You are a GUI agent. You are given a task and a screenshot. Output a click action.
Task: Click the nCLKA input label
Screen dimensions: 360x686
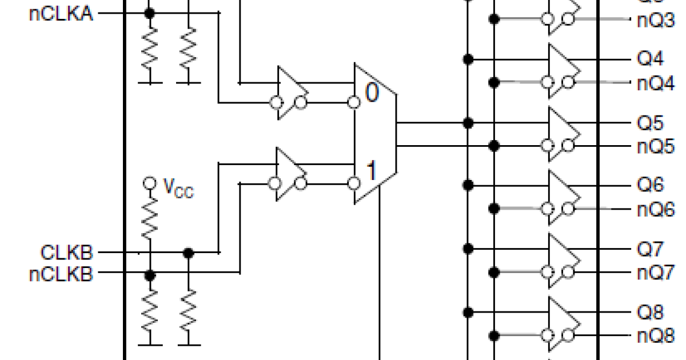[x=61, y=14]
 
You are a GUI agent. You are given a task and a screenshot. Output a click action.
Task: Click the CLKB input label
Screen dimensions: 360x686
[x=66, y=252]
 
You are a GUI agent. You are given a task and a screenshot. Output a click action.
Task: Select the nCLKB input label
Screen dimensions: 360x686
[x=61, y=275]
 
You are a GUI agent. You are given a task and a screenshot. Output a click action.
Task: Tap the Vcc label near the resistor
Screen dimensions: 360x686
[x=178, y=188]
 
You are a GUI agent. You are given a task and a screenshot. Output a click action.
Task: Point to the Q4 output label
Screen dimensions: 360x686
[x=651, y=59]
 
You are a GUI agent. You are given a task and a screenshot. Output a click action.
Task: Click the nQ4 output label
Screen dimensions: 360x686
[x=656, y=83]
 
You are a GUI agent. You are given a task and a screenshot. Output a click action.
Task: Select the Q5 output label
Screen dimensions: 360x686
[x=651, y=123]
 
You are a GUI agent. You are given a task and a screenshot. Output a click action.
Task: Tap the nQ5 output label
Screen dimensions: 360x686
[x=656, y=146]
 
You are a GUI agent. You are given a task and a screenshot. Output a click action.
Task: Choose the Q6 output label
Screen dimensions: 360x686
[x=651, y=186]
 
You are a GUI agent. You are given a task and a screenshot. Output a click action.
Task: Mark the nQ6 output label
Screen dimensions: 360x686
[x=656, y=209]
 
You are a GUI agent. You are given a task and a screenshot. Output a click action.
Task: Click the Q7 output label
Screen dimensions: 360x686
[x=651, y=249]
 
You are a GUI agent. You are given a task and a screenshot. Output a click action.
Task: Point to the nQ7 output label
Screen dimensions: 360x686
[x=656, y=273]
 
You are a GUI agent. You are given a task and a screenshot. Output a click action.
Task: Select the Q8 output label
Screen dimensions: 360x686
[x=651, y=313]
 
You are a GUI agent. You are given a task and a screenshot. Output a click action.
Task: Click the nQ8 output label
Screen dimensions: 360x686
[x=656, y=336]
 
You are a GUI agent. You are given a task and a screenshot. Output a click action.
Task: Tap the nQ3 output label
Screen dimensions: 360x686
[x=656, y=20]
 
